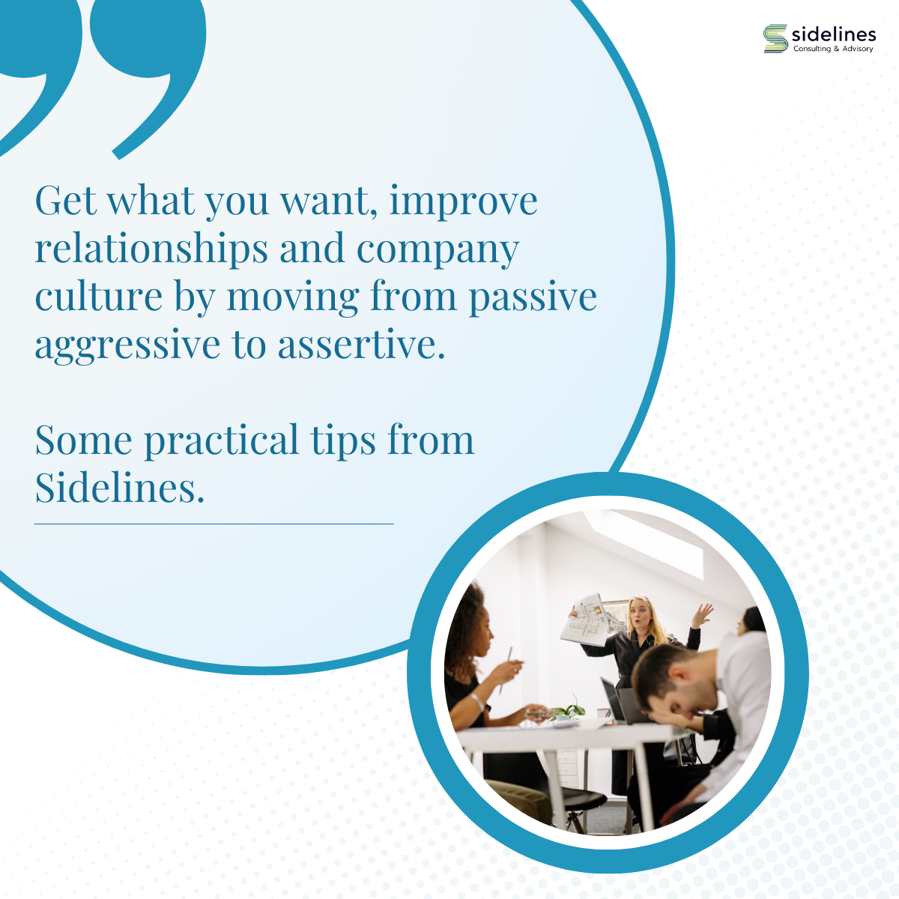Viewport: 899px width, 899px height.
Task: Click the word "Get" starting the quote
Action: [x=66, y=200]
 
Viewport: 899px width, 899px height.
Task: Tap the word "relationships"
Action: [x=151, y=249]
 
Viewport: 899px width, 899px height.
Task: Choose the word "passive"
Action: [x=533, y=299]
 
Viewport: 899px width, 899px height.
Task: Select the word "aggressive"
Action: [x=127, y=347]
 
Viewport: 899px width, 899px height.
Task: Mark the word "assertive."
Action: [x=362, y=345]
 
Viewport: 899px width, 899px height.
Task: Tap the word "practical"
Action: [x=221, y=441]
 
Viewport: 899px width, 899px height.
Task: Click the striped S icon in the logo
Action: [x=775, y=38]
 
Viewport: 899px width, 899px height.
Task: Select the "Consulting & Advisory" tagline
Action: [x=833, y=49]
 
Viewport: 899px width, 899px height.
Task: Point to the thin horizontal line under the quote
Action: [x=214, y=524]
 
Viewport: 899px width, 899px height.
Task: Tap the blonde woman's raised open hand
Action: [x=703, y=614]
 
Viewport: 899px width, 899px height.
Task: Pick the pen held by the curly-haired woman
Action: [x=506, y=668]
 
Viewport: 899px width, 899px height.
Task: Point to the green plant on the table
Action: [x=570, y=709]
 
